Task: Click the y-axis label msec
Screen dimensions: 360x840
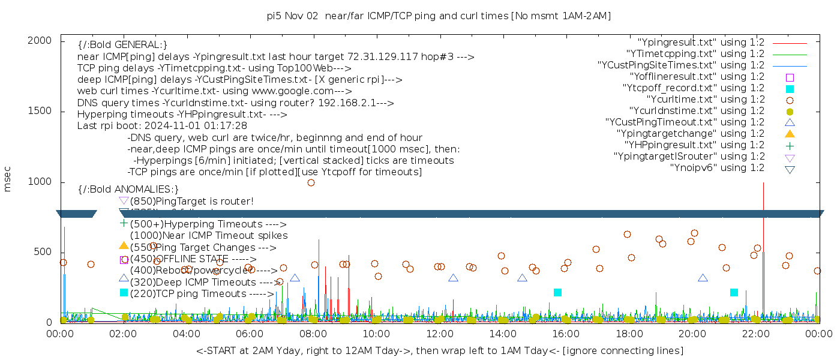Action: [x=8, y=181]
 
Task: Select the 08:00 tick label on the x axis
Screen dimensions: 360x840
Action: [x=313, y=334]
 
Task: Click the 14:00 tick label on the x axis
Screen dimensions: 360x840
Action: [x=502, y=334]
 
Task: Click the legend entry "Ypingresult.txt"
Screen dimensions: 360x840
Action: [x=701, y=43]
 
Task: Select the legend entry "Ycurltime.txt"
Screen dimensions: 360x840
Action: [x=706, y=99]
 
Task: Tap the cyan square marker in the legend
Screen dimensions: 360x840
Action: [x=790, y=88]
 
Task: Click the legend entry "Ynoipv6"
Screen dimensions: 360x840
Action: [x=717, y=167]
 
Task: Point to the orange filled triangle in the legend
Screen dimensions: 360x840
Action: [x=790, y=133]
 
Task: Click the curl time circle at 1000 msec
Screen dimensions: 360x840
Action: [x=311, y=182]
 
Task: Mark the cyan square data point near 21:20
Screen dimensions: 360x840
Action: [x=734, y=292]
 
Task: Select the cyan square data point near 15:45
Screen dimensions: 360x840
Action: [x=557, y=292]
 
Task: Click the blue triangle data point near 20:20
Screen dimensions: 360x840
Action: [x=703, y=278]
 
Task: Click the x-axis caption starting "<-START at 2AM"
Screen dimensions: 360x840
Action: [x=439, y=350]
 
